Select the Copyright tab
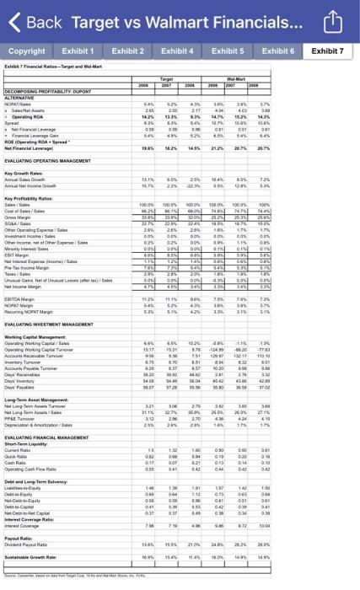(x=27, y=52)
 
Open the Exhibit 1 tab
(x=78, y=52)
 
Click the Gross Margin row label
(x=21, y=217)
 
